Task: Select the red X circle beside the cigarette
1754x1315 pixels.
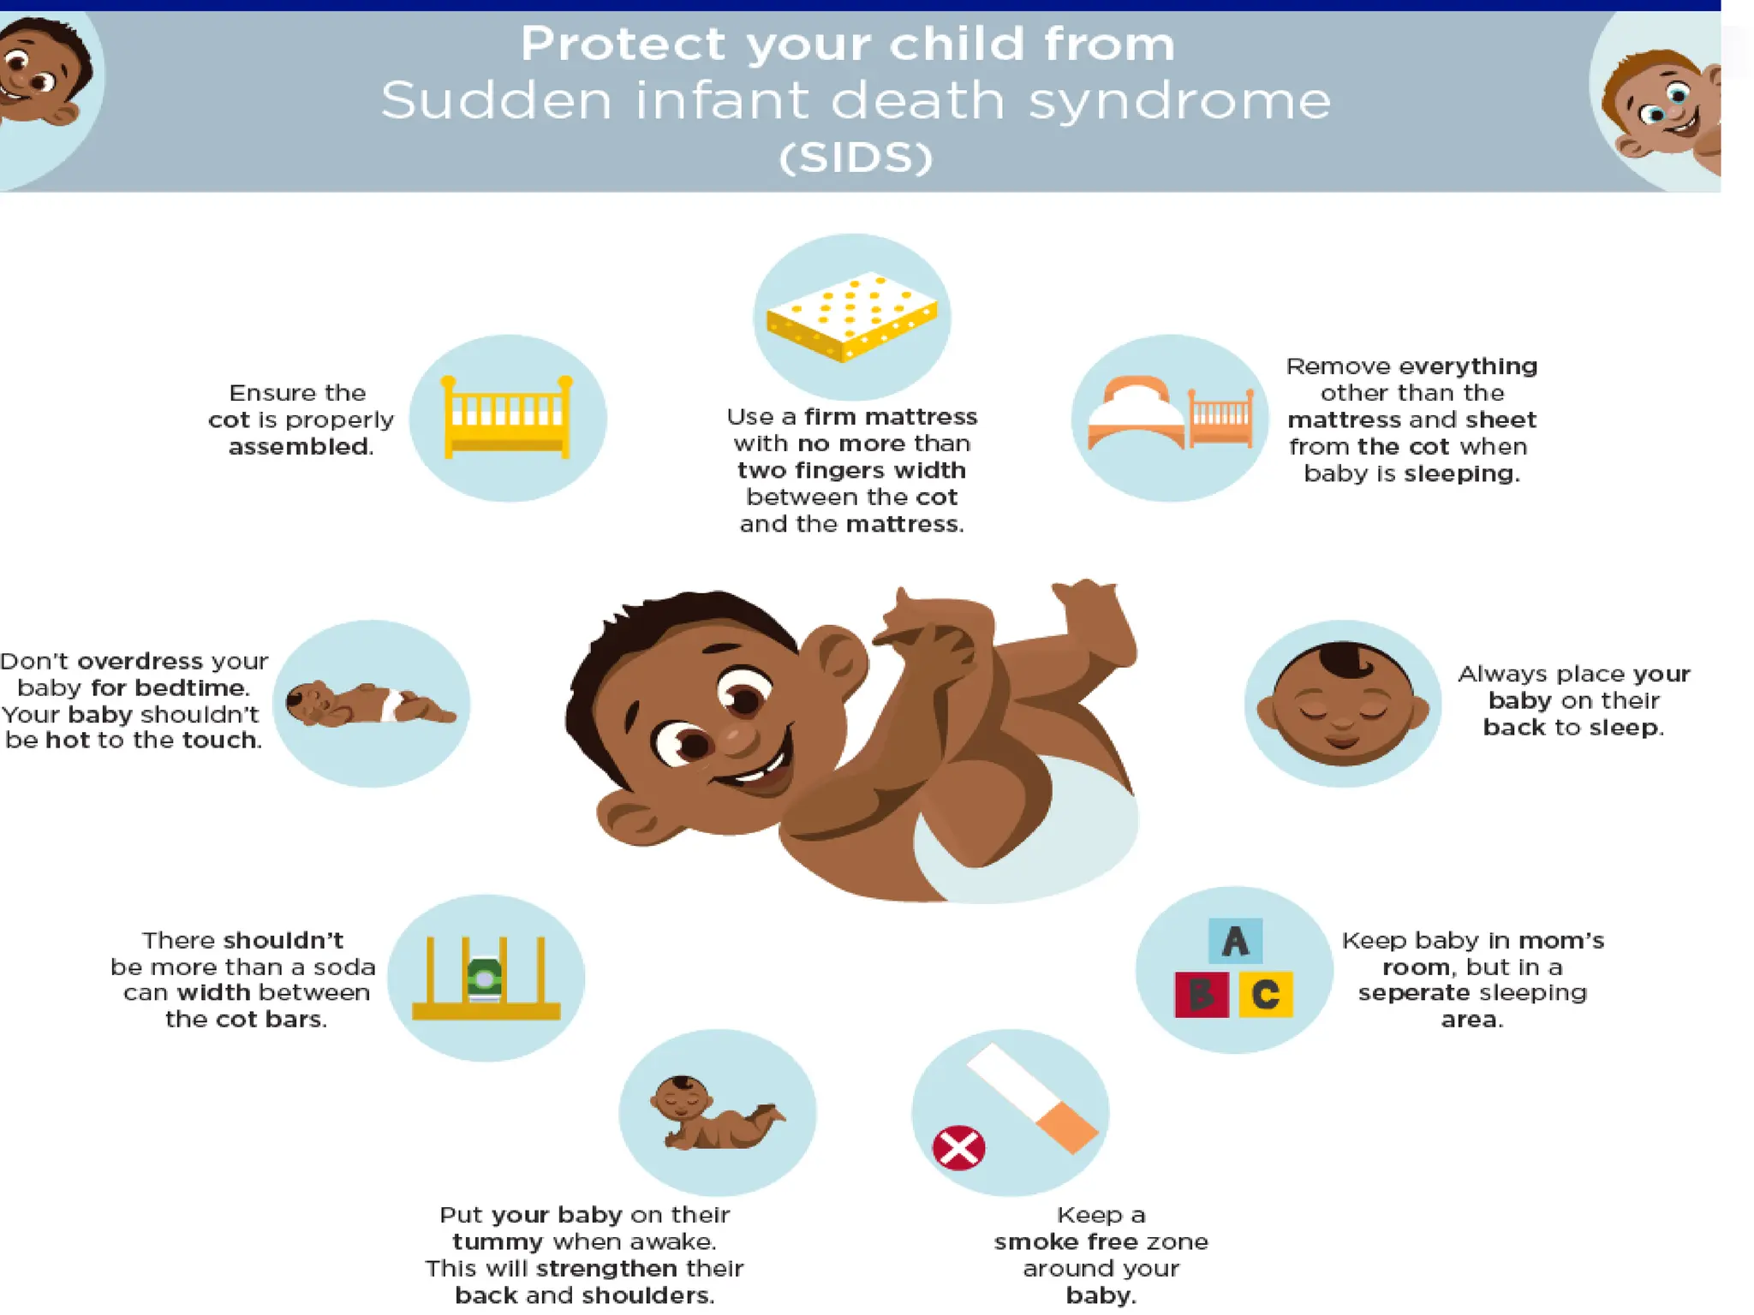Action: coord(958,1147)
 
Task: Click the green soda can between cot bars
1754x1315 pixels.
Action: coord(485,978)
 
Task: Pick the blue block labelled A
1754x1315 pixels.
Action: coord(1234,942)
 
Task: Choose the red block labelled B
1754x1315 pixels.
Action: coord(1201,994)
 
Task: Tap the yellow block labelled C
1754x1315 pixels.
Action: coord(1266,994)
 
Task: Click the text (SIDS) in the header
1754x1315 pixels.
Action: coord(856,158)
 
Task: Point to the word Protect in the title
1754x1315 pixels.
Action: coord(623,44)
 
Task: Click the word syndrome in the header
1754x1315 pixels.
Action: coord(1179,101)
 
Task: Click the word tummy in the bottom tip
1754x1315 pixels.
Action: coord(498,1241)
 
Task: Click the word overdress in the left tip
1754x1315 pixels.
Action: coord(140,661)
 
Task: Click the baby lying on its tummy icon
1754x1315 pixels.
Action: coord(717,1113)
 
